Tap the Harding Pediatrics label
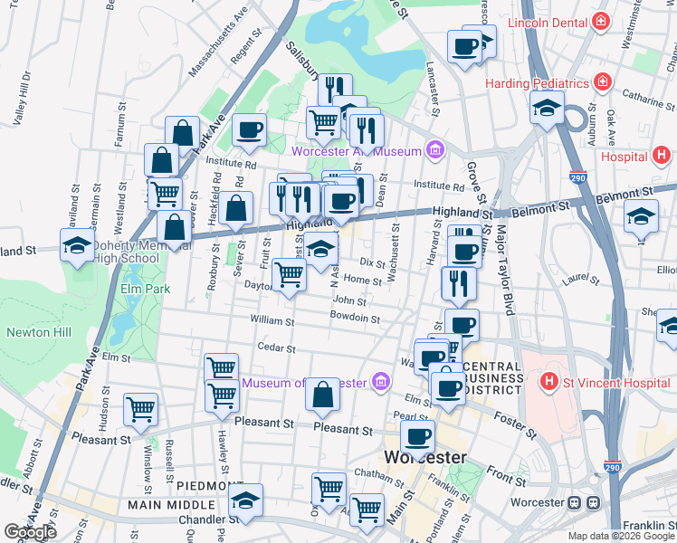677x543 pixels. pyautogui.click(x=538, y=83)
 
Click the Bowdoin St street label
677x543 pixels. pyautogui.click(x=354, y=319)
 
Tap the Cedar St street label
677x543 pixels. pyautogui.click(x=276, y=348)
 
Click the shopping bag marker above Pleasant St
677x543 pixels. pyautogui.click(x=322, y=395)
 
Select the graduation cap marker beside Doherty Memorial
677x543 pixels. pyautogui.click(x=78, y=244)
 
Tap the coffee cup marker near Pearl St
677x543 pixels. pyautogui.click(x=417, y=436)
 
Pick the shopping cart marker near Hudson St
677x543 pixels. pyautogui.click(x=140, y=409)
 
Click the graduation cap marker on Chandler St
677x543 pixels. pyautogui.click(x=245, y=500)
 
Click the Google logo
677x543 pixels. pyautogui.click(x=31, y=532)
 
